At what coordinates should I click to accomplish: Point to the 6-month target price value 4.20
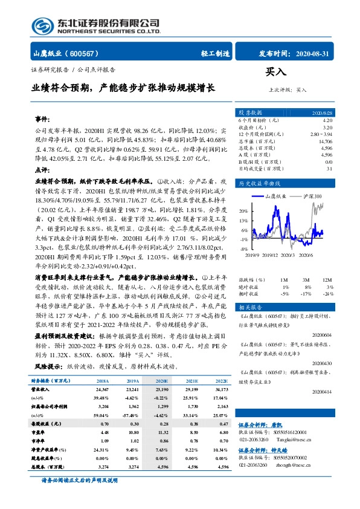(x=327, y=121)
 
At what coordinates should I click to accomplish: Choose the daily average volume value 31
(x=329, y=168)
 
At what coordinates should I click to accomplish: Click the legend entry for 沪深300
(x=312, y=196)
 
